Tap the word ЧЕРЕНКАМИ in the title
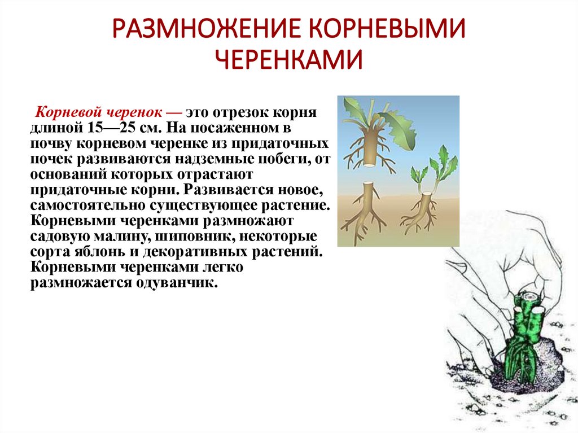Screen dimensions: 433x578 click(289, 58)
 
